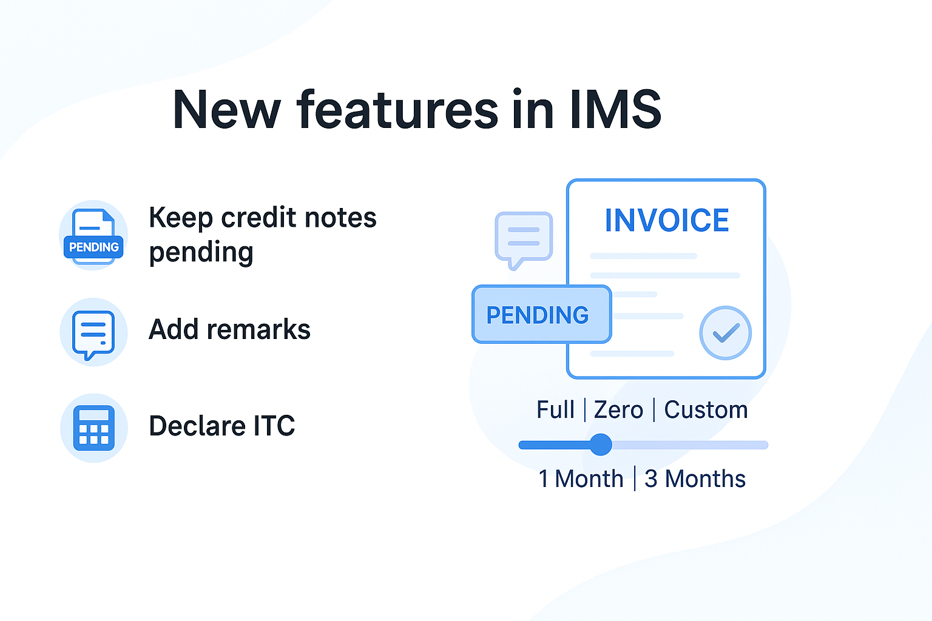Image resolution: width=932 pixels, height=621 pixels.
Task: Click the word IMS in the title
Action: [615, 110]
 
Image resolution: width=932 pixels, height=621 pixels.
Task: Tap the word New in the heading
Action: [226, 110]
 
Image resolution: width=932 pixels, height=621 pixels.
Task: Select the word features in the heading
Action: [397, 110]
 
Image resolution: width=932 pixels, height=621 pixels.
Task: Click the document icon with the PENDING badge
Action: [93, 236]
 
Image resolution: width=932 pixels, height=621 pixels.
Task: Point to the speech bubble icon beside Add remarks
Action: [93, 334]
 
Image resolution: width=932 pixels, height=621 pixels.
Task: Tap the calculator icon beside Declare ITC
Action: [93, 428]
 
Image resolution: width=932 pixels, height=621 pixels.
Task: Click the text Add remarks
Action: [229, 330]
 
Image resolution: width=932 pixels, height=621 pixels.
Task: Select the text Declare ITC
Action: [221, 426]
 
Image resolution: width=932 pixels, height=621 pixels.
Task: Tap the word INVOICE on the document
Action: [666, 220]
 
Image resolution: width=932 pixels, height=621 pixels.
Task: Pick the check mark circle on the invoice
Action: [725, 333]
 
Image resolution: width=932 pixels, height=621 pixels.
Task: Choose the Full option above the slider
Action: [555, 410]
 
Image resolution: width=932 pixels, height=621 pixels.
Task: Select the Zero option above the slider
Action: [618, 410]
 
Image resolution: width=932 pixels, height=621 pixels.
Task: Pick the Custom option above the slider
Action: [706, 410]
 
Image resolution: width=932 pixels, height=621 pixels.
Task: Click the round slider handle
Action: [601, 445]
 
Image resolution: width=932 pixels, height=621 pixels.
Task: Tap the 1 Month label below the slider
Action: [581, 479]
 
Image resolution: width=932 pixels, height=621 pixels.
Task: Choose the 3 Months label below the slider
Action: [695, 479]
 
